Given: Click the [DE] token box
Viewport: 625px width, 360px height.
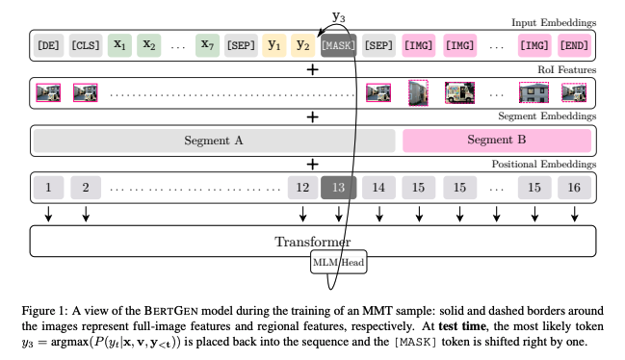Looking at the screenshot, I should coord(48,45).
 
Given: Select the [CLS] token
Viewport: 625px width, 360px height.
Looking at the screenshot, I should coord(86,45).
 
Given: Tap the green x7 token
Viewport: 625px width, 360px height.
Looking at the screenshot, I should coord(206,45).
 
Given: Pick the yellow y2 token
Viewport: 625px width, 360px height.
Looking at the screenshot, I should coord(302,45).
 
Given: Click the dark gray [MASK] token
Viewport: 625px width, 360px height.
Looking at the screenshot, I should coord(338,45).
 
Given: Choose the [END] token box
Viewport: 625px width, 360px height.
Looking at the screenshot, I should coord(574,45).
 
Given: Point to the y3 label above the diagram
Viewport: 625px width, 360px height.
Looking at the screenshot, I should coord(339,16).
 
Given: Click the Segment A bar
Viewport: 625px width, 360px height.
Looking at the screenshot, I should coord(214,140).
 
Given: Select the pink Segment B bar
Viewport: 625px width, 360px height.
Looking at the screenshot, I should coord(496,140).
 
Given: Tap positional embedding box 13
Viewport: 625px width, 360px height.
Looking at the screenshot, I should coord(338,187).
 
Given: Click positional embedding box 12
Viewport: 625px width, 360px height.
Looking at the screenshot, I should coord(302,187).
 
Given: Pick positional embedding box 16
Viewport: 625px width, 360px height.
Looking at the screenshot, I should coord(574,187).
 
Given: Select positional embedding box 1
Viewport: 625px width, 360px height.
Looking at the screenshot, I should coord(48,187).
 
